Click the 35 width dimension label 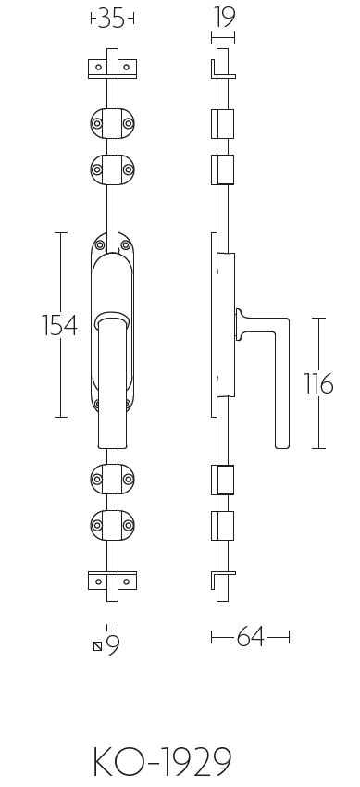pos(112,19)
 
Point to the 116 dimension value pos(317,383)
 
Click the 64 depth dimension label pos(250,638)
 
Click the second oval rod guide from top pos(112,169)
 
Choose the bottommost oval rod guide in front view pos(112,524)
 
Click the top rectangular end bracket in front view pos(112,68)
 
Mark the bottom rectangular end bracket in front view pos(112,580)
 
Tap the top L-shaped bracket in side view pos(219,69)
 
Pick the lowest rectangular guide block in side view pos(222,524)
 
